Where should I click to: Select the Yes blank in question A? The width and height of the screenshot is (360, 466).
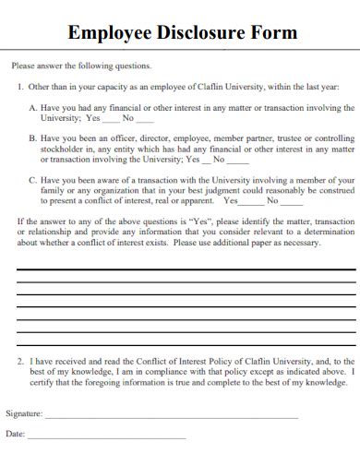click(110, 119)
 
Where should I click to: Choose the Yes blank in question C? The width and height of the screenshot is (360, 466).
click(253, 200)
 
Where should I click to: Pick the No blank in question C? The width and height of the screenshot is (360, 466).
click(291, 200)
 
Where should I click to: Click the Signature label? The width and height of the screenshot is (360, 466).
click(24, 413)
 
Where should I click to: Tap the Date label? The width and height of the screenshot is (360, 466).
click(15, 434)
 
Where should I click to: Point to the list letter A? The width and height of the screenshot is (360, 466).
click(33, 108)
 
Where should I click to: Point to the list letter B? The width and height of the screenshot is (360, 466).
click(33, 137)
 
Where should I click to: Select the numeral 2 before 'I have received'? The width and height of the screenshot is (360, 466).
click(21, 362)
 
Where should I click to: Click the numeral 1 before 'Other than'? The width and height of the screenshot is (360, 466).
click(20, 86)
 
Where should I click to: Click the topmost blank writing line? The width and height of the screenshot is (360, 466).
click(185, 268)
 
